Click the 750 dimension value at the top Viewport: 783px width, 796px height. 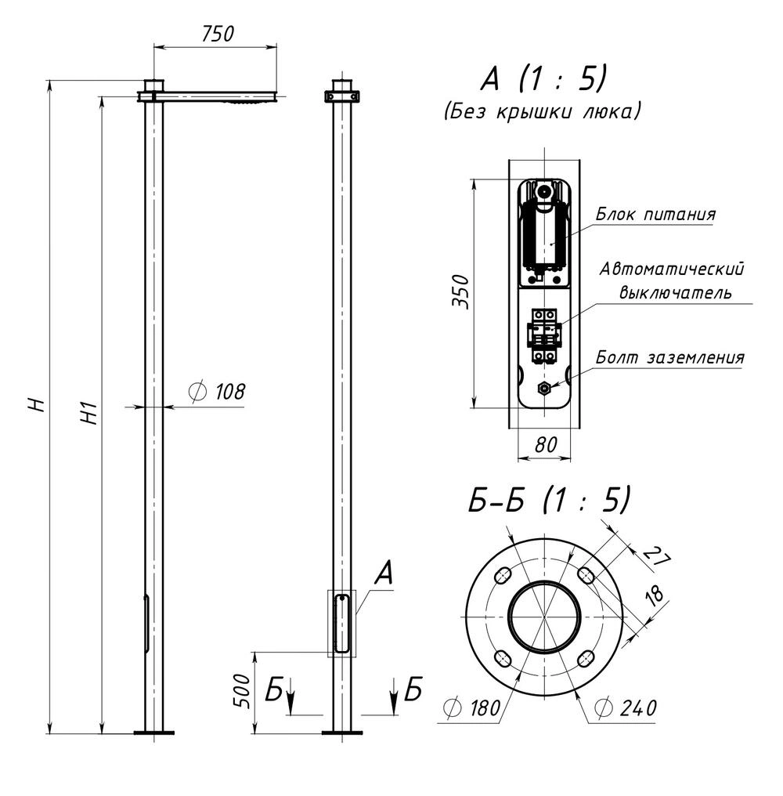tap(218, 34)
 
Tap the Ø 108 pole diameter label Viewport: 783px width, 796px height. tap(217, 392)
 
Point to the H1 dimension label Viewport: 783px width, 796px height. tap(88, 412)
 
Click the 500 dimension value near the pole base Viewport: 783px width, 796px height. tap(242, 691)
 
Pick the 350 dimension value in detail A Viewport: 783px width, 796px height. tap(461, 291)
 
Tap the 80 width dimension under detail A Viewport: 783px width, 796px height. tap(546, 445)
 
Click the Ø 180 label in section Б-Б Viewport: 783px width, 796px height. tap(472, 708)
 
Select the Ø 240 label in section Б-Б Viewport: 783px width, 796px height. tap(626, 707)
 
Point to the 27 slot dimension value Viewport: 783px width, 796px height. tap(656, 555)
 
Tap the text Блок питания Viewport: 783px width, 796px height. tap(655, 214)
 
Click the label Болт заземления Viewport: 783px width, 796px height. tap(669, 357)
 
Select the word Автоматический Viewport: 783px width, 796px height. tap(671, 269)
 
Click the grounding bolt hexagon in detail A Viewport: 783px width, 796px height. tap(544, 389)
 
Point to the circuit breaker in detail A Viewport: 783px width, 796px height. tap(543, 336)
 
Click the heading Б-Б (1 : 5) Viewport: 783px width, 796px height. tap(549, 500)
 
